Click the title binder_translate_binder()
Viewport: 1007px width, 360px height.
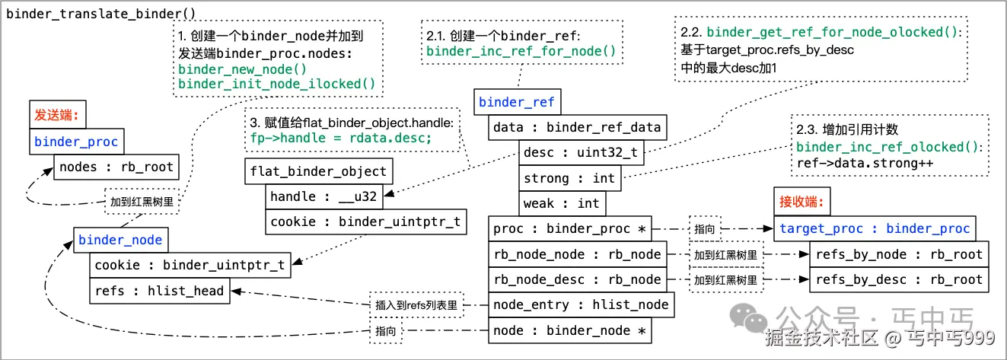[x=100, y=14]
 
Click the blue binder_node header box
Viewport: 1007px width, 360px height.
[x=121, y=240]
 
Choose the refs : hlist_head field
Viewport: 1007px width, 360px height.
[x=159, y=290]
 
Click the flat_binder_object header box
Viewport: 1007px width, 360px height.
[x=318, y=171]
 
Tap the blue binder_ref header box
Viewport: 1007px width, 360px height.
[x=517, y=102]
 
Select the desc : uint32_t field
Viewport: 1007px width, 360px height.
[x=582, y=153]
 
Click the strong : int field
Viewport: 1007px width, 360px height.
[x=569, y=178]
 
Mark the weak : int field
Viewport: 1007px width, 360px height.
[x=561, y=203]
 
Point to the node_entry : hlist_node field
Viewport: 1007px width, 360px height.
[x=581, y=305]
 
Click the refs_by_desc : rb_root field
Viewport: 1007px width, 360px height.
[x=899, y=279]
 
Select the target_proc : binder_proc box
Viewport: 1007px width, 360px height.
[x=875, y=228]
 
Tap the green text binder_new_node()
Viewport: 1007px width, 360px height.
[x=231, y=69]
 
